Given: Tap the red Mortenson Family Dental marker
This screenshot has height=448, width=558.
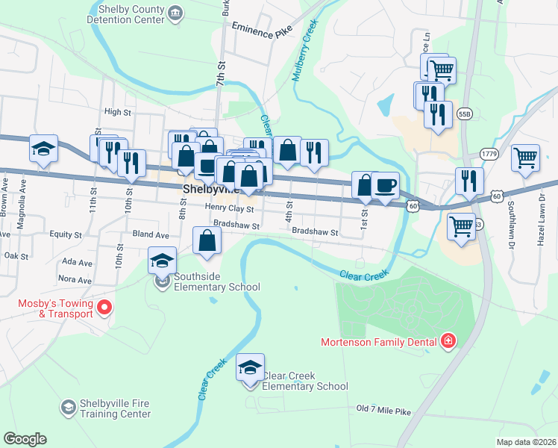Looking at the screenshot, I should [x=448, y=343].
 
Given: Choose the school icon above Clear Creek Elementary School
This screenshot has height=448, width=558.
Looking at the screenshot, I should [x=251, y=368].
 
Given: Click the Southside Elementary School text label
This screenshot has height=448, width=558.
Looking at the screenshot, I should [x=216, y=281].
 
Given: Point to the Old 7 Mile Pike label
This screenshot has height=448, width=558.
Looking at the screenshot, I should [x=383, y=410].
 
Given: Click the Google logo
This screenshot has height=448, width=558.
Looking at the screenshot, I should [x=25, y=439].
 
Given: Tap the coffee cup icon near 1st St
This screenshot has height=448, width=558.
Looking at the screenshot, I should [x=385, y=184].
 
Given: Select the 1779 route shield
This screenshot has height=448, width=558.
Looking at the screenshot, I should [x=489, y=154].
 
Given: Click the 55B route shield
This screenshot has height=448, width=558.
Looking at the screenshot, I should [x=465, y=114].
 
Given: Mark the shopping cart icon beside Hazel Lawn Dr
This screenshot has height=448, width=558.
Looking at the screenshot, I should [x=526, y=158].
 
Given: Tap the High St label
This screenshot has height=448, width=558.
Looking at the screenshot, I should [x=118, y=112].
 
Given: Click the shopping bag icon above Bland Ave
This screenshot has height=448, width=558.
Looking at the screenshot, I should [x=207, y=241].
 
